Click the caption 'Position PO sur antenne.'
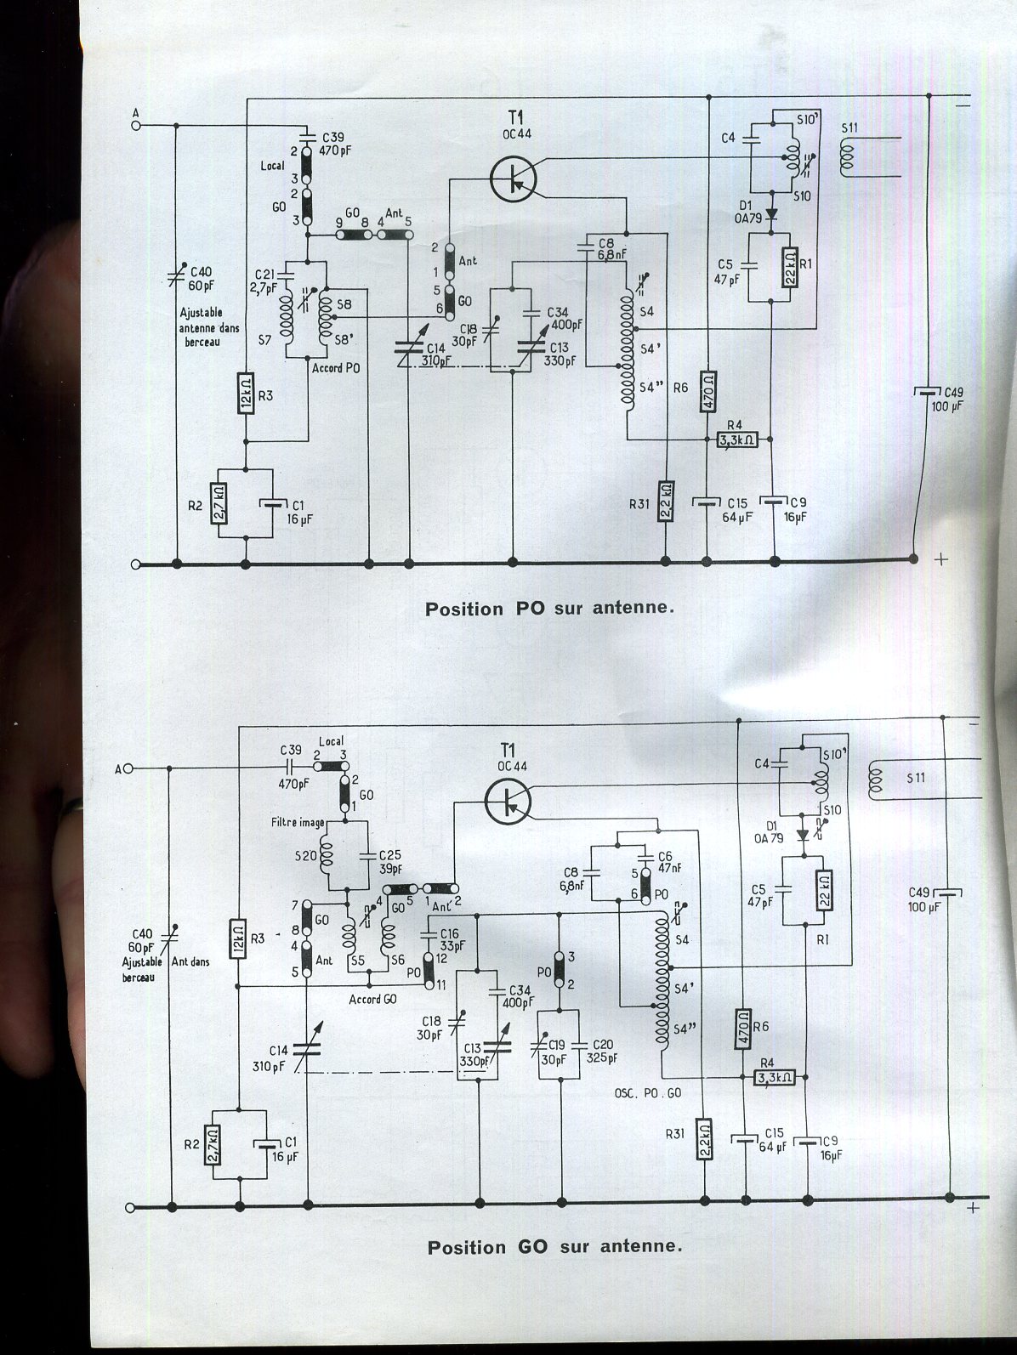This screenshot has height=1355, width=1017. pos(549,609)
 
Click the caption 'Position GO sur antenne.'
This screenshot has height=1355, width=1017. pos(554,1247)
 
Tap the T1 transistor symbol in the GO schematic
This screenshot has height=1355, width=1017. pos(508,801)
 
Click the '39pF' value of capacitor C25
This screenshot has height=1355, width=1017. pos(389,869)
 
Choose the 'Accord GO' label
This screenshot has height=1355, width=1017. pos(372,999)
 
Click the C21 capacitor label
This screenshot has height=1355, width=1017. pos(264,274)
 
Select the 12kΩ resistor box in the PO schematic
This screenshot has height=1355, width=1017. pos(246,394)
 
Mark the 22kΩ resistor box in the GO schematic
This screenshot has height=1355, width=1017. pos(822,892)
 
